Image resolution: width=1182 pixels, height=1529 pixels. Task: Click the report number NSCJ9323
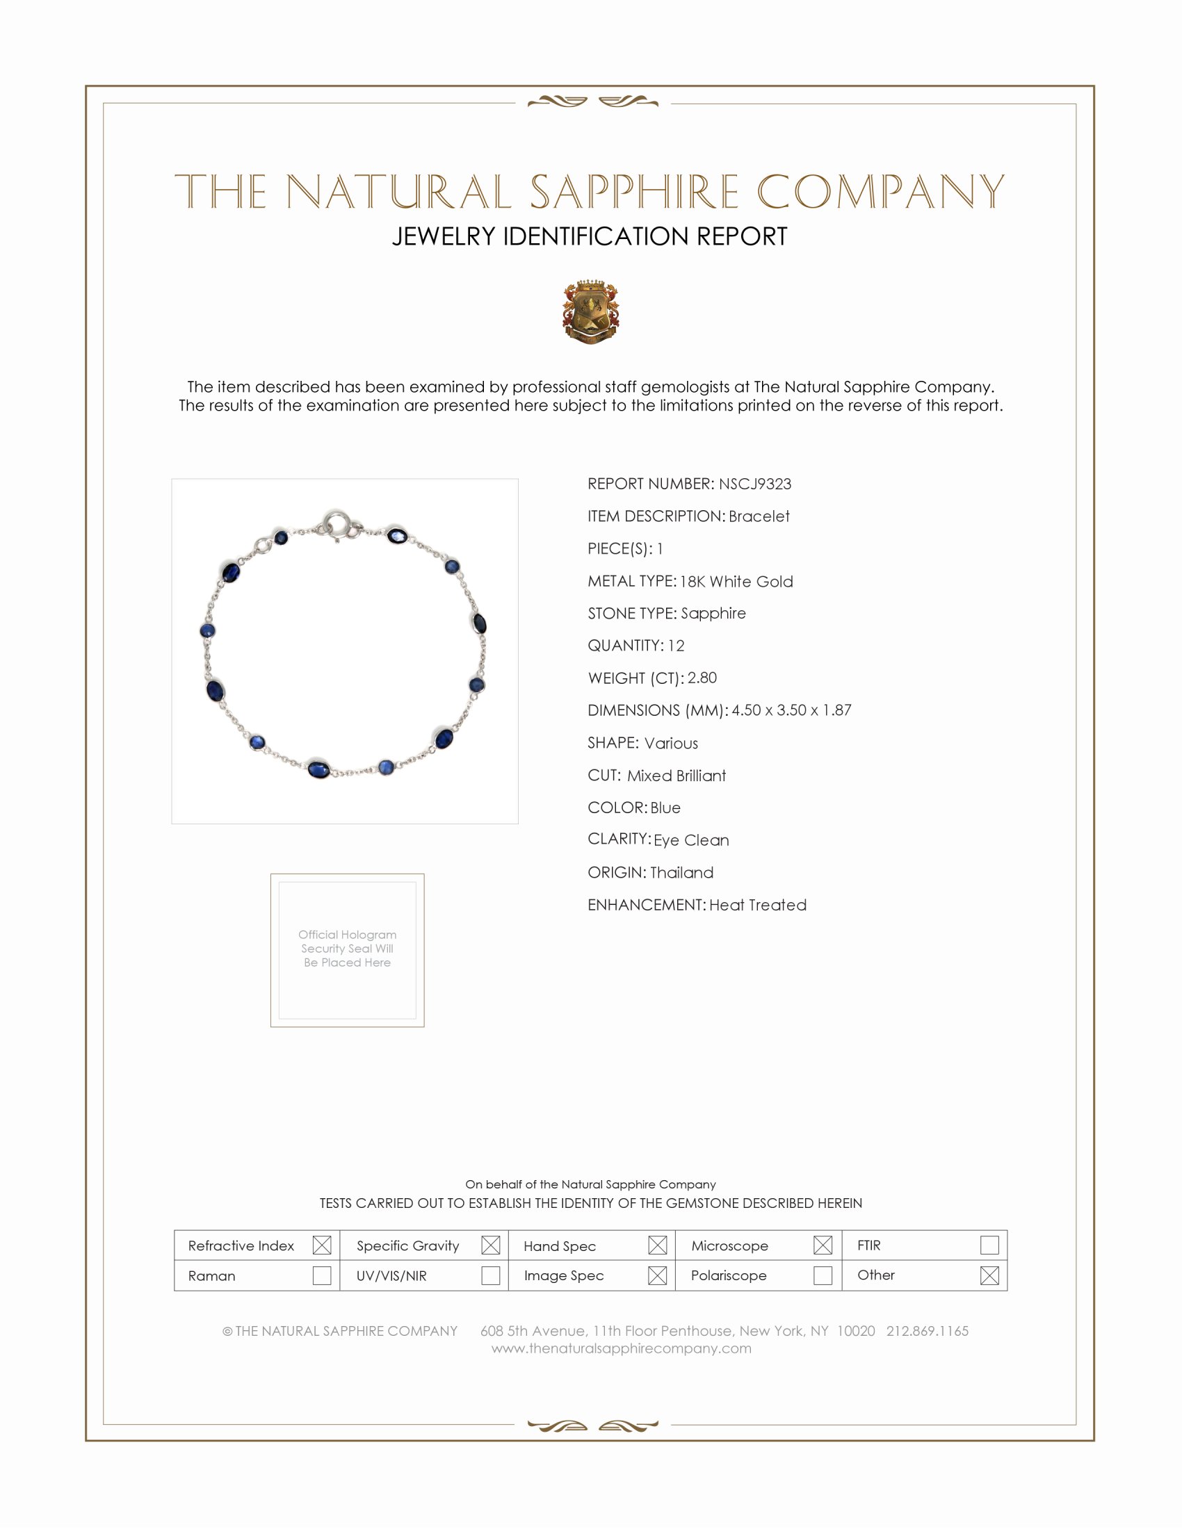[x=755, y=484]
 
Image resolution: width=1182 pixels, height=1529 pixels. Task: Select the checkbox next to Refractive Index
[x=321, y=1245]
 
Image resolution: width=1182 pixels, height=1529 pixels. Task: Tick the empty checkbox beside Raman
[x=321, y=1275]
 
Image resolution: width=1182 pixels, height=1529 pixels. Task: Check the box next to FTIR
[x=989, y=1245]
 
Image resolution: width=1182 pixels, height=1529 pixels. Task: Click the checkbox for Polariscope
[x=823, y=1275]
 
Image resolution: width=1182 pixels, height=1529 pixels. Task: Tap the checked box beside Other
[x=989, y=1275]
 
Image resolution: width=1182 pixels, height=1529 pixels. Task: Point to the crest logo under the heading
[x=591, y=311]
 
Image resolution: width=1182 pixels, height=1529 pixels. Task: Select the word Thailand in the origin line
[x=681, y=872]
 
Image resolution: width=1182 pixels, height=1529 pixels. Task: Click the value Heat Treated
[x=758, y=905]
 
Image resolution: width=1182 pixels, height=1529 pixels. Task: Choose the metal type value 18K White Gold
[x=736, y=582]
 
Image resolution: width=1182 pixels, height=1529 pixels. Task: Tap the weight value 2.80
[x=702, y=678]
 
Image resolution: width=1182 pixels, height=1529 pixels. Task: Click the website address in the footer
[x=621, y=1348]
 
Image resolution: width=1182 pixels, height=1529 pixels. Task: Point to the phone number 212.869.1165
[x=927, y=1331]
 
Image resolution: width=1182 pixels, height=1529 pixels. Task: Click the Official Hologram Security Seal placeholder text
[x=348, y=949]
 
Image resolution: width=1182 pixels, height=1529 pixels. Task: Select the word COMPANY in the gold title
[x=880, y=192]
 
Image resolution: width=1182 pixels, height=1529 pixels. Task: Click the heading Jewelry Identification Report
[x=590, y=236]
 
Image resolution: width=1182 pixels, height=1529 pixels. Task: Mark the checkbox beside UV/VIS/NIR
[x=490, y=1275]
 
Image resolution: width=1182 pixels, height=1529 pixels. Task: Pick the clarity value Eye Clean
[x=691, y=840]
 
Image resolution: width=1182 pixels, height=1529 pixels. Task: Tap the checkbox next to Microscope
[x=823, y=1245]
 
